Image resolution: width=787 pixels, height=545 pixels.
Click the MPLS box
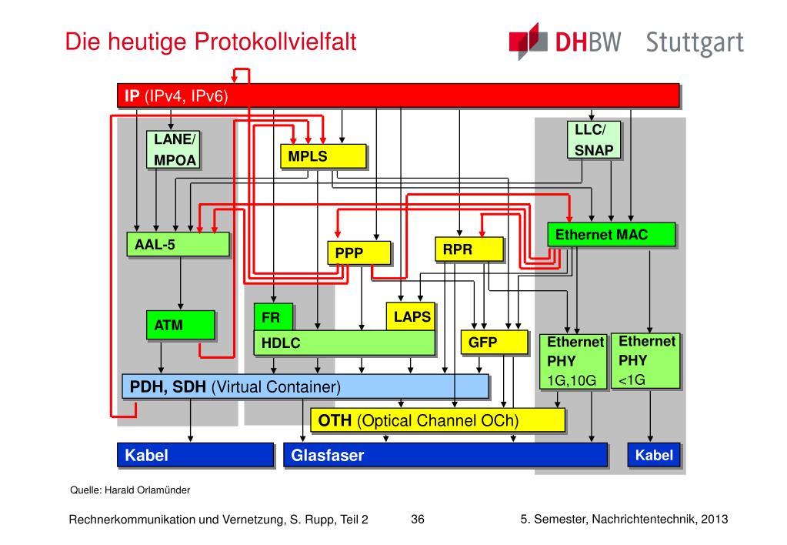323,156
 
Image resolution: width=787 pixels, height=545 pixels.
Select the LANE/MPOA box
172,149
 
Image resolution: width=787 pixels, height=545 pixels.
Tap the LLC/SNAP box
594,139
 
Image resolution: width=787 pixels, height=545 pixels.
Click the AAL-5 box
178,244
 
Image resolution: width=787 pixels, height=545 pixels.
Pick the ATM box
181,325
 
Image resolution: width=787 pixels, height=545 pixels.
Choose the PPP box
358,252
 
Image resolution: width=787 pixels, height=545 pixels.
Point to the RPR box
469,249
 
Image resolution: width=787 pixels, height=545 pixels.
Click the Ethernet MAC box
612,235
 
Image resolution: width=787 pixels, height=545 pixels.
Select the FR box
273,317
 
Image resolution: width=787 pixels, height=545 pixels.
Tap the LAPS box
411,316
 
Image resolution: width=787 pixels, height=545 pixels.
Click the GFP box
495,342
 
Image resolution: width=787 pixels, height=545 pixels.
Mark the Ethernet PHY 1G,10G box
574,362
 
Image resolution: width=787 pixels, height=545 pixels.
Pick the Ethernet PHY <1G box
645,361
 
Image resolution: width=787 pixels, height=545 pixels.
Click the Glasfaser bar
445,455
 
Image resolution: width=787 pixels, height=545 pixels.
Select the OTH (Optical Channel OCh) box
438,420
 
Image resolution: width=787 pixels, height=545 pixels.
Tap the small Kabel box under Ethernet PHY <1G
654,455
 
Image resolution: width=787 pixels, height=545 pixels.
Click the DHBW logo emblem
529,42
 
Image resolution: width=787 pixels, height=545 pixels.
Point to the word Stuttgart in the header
695,43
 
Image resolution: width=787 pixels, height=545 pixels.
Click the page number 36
418,520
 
